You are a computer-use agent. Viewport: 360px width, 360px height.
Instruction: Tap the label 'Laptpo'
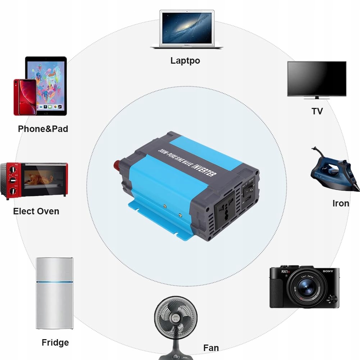[185, 60]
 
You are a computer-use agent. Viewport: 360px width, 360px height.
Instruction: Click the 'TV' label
[317, 111]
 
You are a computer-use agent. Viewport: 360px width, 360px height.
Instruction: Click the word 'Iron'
[341, 204]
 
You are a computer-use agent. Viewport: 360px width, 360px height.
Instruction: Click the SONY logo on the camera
[328, 271]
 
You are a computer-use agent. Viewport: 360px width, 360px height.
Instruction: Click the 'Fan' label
[211, 348]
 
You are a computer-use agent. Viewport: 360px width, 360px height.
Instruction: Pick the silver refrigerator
[55, 293]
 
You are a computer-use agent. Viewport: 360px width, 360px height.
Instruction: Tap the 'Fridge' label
[55, 342]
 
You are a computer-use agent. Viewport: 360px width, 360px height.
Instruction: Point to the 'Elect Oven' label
[36, 211]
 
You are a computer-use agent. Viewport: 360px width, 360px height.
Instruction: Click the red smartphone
[25, 97]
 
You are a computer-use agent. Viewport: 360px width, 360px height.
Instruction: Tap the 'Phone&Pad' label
[43, 129]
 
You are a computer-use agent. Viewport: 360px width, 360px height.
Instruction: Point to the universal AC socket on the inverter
[224, 212]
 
